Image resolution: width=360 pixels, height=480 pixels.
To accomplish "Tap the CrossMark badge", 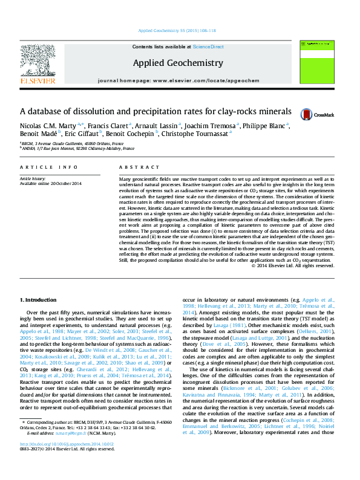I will click(318, 114).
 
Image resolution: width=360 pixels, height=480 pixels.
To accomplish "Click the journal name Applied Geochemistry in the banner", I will click(178, 63).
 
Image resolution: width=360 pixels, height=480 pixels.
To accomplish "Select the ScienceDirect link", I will click(208, 47).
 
